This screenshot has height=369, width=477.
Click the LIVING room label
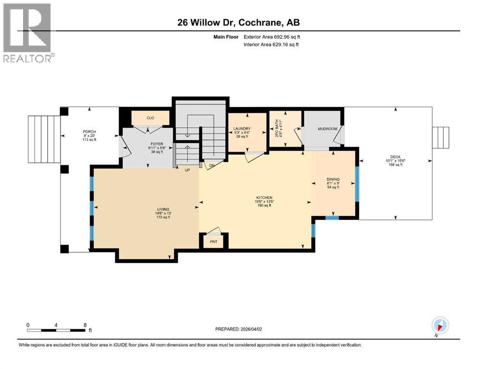click(163, 209)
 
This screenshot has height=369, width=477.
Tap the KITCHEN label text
click(264, 197)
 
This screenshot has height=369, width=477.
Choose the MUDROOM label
click(324, 129)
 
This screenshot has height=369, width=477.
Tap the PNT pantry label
click(214, 242)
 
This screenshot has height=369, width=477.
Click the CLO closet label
click(150, 117)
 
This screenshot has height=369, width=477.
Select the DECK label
click(395, 157)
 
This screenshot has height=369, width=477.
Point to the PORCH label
click(89, 132)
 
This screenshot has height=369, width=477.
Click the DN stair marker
click(212, 166)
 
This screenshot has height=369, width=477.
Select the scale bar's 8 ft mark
click(85, 325)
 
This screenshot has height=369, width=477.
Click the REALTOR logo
click(28, 33)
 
